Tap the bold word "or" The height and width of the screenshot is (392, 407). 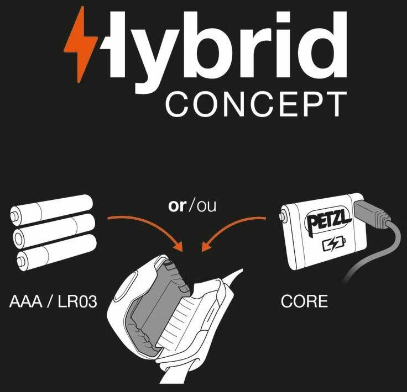coord(177,206)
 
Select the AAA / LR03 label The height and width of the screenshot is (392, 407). coord(49,302)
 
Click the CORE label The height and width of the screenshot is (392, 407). coord(304,302)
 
